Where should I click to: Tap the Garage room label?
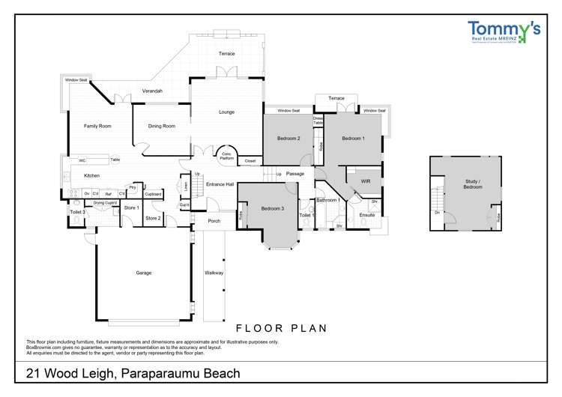143,273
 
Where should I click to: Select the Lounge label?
226,112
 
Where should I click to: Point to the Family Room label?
97,126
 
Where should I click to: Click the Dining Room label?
161,126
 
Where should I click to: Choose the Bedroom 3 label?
272,208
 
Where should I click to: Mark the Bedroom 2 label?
288,139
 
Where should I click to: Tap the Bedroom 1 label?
354,139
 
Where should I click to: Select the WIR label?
366,181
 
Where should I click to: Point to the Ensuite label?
366,215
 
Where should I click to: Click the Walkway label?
214,273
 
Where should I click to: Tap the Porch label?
214,221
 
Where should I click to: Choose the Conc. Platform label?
226,157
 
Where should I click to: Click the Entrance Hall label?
220,184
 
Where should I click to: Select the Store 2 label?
153,218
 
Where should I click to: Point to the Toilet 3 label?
78,213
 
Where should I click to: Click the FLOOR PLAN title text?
281,328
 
